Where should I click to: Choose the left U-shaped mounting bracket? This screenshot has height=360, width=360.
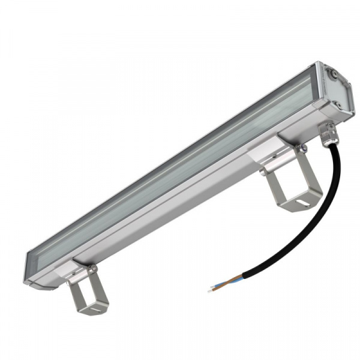click(x=87, y=294)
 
